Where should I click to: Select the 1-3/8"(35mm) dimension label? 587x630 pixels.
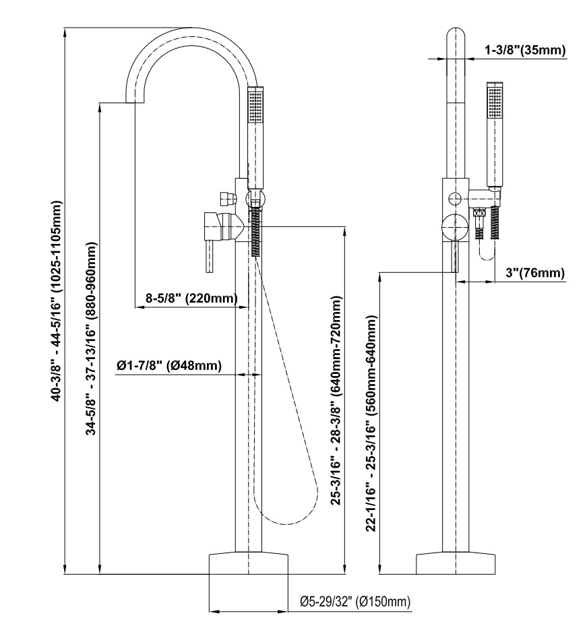(x=524, y=51)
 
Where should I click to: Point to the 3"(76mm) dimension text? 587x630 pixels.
(x=533, y=273)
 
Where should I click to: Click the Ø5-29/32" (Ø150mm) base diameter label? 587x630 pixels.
(x=355, y=601)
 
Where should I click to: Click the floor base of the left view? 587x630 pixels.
(x=249, y=563)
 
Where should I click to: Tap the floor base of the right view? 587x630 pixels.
(x=456, y=563)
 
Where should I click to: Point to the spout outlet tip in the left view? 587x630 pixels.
(x=135, y=99)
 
